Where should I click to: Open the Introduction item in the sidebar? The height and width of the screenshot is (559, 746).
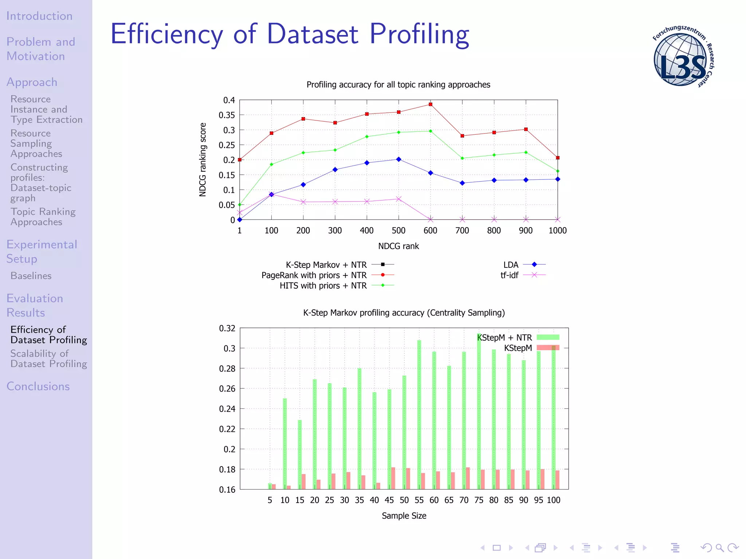(39, 16)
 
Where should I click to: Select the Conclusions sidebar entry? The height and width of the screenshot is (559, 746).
(38, 386)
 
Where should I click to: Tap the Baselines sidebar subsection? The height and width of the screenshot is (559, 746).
(31, 276)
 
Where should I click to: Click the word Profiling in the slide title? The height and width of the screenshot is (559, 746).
(419, 34)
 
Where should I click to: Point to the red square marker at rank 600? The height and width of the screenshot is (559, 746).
(431, 104)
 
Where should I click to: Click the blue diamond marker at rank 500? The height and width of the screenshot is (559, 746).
(398, 159)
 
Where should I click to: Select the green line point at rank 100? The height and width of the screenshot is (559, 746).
(271, 164)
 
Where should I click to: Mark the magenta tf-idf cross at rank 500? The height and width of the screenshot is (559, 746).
(398, 199)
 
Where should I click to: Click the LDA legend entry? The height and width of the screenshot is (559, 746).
(511, 265)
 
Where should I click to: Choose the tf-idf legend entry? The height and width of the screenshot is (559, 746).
(510, 275)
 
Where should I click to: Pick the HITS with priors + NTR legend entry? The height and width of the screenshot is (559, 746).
(323, 286)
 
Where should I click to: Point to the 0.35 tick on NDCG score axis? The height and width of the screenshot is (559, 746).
(227, 115)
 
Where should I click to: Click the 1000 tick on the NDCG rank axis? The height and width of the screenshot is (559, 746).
(558, 231)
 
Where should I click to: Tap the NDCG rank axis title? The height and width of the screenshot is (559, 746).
(398, 246)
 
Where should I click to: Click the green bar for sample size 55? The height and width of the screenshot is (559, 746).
(419, 415)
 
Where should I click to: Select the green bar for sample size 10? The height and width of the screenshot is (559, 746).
(285, 444)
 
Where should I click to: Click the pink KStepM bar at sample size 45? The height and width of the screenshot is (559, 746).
(393, 478)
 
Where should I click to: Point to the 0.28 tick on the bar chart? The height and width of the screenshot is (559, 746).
(227, 369)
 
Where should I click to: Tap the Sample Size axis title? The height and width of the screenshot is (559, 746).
(404, 516)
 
